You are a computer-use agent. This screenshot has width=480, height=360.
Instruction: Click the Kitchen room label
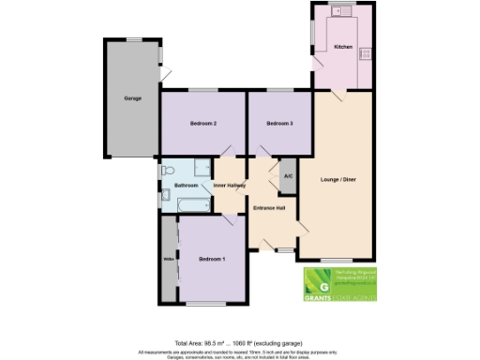tap(342, 47)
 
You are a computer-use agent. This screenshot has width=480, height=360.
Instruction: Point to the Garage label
tap(131, 98)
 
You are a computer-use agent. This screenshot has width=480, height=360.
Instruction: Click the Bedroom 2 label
tap(203, 124)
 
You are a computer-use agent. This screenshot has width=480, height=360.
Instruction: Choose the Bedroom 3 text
tap(279, 124)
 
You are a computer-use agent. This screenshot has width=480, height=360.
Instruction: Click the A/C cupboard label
tap(287, 176)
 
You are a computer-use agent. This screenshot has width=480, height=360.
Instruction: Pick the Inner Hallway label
tap(230, 186)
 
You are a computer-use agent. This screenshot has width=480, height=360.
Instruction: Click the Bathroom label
tap(187, 186)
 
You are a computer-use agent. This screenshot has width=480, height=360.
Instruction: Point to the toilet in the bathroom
tap(165, 170)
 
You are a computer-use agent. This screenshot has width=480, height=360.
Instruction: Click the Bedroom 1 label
tap(212, 259)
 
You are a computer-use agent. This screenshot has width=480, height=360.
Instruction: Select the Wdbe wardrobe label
tap(169, 259)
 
